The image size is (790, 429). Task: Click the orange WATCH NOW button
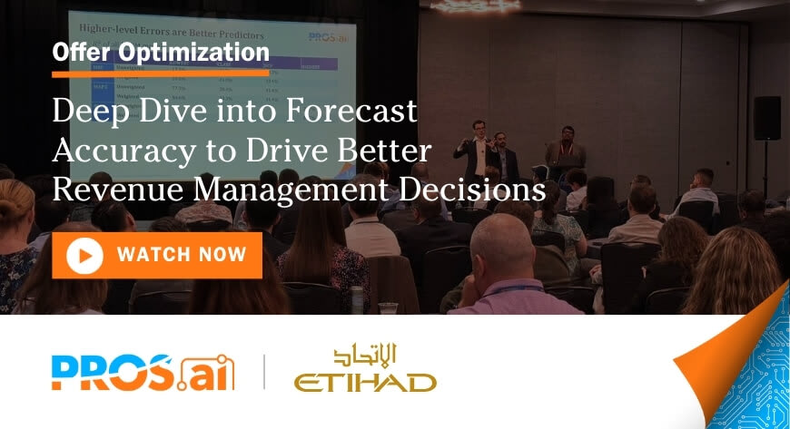pyautogui.click(x=157, y=255)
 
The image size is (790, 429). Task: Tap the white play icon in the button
pyautogui.click(x=84, y=256)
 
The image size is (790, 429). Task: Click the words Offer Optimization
pyautogui.click(x=161, y=52)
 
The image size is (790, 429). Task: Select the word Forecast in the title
pyautogui.click(x=348, y=110)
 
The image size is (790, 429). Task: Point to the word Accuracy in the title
pyautogui.click(x=116, y=150)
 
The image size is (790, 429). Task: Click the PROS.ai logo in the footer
pyautogui.click(x=143, y=372)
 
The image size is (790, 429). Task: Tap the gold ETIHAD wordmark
pyautogui.click(x=365, y=382)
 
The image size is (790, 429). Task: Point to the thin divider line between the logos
pyautogui.click(x=264, y=372)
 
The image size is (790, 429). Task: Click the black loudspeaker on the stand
pyautogui.click(x=766, y=117)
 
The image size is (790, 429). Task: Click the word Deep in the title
pyautogui.click(x=87, y=110)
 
